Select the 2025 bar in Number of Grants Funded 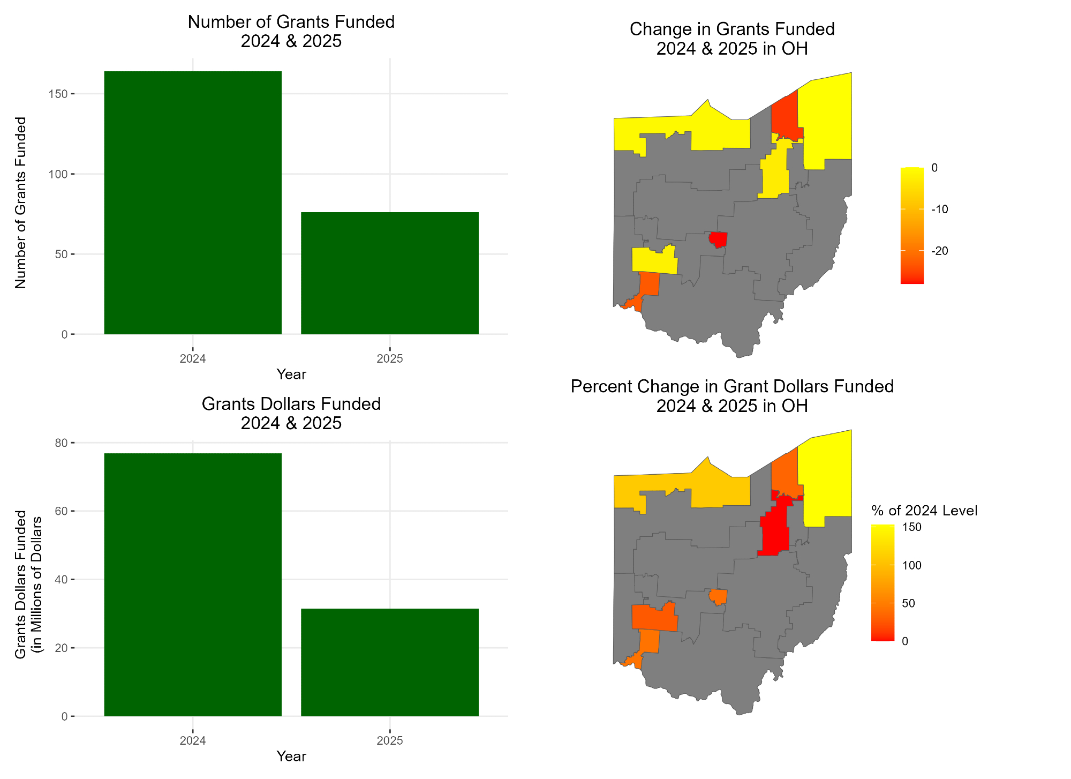point(390,273)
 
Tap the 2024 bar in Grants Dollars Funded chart point(193,585)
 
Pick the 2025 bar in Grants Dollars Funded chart point(390,662)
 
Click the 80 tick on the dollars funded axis point(61,443)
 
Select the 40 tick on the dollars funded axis point(61,580)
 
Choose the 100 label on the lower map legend point(912,565)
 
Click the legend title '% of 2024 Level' point(924,511)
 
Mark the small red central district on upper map point(718,238)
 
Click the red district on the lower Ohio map point(774,530)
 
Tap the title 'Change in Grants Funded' point(732,29)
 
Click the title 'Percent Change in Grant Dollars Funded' point(732,386)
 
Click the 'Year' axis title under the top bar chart point(291,374)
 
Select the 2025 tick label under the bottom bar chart point(390,741)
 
